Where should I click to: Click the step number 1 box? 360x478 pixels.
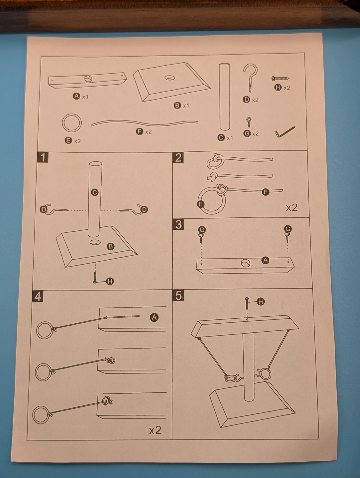point(43,157)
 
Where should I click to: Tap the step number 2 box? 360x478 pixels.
point(178,158)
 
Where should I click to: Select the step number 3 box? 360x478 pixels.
point(178,224)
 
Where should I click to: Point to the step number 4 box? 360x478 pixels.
point(38,296)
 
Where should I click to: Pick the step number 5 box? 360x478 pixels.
point(178,295)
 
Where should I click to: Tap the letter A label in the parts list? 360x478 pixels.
point(76,96)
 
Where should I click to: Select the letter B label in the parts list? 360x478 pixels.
point(177,106)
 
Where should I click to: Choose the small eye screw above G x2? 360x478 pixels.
point(248,122)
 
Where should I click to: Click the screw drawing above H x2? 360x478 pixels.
point(280,79)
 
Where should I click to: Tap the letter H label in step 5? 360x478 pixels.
point(261,302)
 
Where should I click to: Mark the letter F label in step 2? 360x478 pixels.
point(265,192)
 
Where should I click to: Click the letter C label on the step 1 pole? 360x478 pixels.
point(95,192)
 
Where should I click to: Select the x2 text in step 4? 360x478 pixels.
point(155,431)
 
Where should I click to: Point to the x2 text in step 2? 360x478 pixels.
point(292,207)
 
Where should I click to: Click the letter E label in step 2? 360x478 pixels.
point(201,204)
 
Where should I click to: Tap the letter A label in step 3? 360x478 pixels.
point(265,260)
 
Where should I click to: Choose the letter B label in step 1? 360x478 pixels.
point(111,246)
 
